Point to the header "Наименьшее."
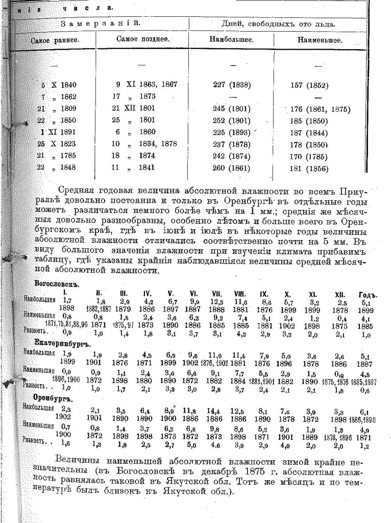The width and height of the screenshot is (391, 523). tap(320, 40)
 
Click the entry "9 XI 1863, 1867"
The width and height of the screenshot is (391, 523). tap(147, 85)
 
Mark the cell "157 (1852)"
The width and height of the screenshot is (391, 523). tap(310, 85)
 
